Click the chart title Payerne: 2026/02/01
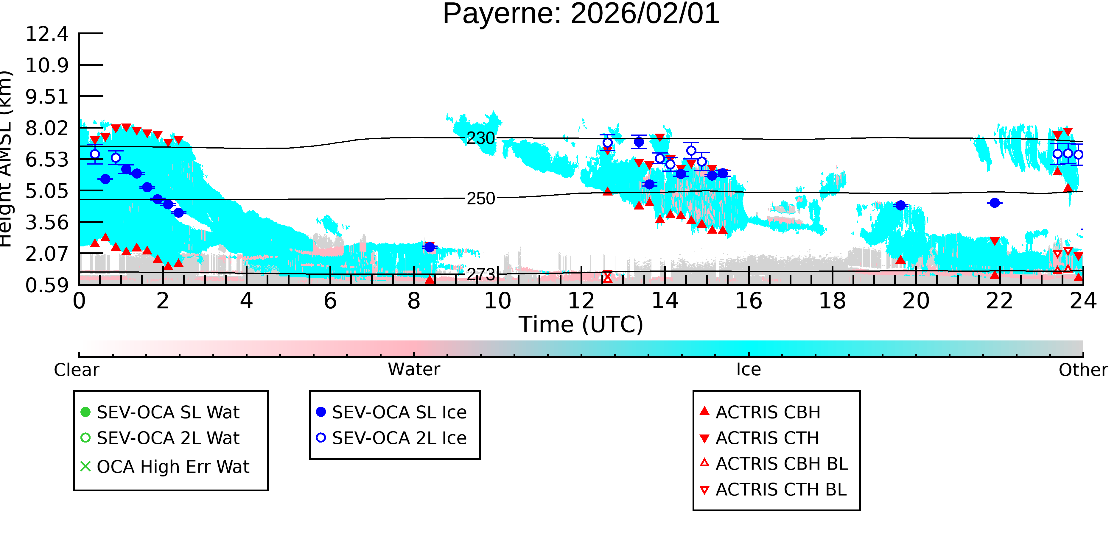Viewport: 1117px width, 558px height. click(581, 14)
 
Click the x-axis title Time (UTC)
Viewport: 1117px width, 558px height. click(581, 324)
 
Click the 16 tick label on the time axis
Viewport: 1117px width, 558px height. click(749, 301)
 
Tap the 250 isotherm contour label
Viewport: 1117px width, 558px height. click(480, 199)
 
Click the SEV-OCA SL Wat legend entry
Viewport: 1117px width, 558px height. click(161, 412)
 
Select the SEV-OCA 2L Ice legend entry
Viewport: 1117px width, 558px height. click(392, 438)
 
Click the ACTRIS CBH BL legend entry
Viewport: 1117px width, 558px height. click(774, 464)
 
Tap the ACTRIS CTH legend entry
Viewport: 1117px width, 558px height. click(760, 438)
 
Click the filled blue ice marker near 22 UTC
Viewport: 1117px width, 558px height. click(995, 203)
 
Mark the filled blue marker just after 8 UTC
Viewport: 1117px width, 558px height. click(430, 247)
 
